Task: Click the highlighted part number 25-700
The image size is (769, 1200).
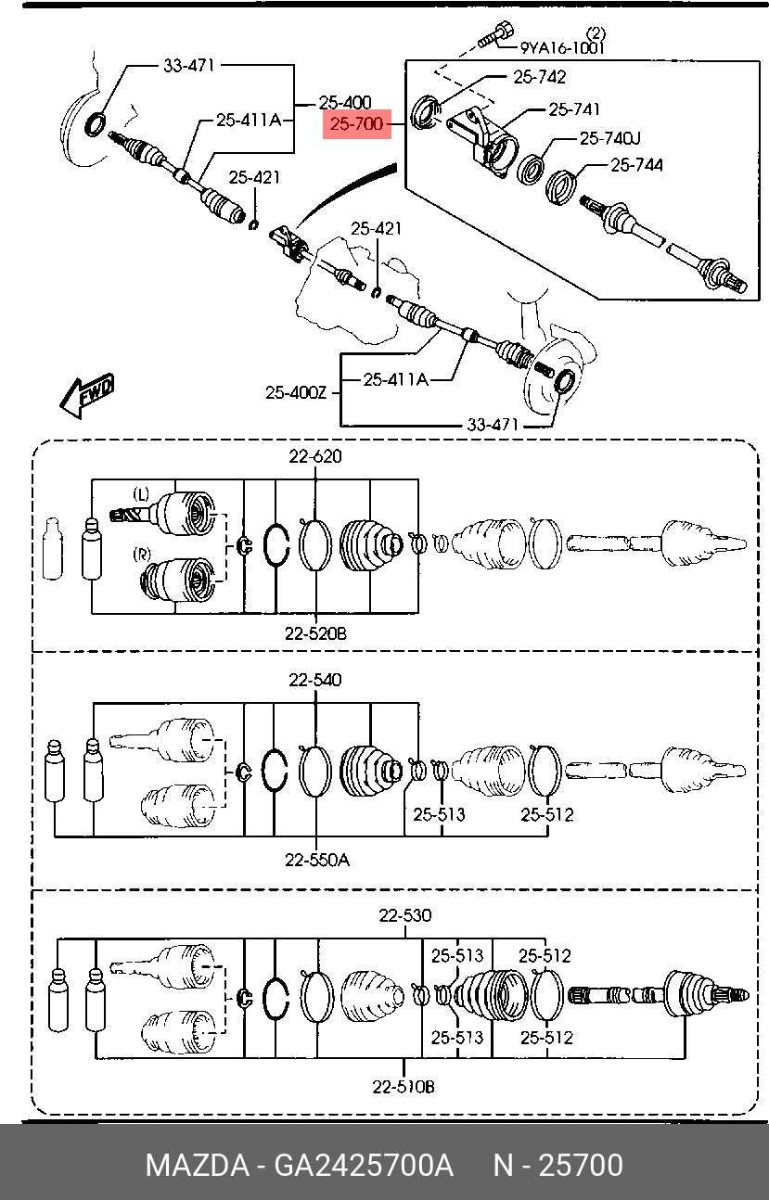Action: [357, 124]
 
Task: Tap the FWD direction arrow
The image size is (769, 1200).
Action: [87, 395]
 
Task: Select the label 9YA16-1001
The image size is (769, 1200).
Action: [562, 47]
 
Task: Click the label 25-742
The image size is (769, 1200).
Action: [539, 77]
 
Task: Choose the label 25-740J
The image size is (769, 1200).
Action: [609, 139]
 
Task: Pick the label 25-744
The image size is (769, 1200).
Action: [636, 165]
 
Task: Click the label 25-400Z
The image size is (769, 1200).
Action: [296, 392]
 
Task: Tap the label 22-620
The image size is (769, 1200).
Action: [315, 456]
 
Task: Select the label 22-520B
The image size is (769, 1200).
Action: [315, 633]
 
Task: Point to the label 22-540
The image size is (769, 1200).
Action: [315, 680]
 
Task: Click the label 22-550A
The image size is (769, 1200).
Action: [316, 860]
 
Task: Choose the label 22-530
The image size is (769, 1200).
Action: [405, 915]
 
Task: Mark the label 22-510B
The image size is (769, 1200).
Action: [404, 1087]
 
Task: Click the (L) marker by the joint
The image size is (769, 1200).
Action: [141, 493]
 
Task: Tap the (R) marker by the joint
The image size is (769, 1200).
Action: [142, 555]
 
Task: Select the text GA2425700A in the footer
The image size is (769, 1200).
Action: [364, 1165]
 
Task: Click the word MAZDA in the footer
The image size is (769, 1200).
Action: [198, 1165]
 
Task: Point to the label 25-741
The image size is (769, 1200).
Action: [574, 109]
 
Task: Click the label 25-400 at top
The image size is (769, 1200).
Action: [345, 102]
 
